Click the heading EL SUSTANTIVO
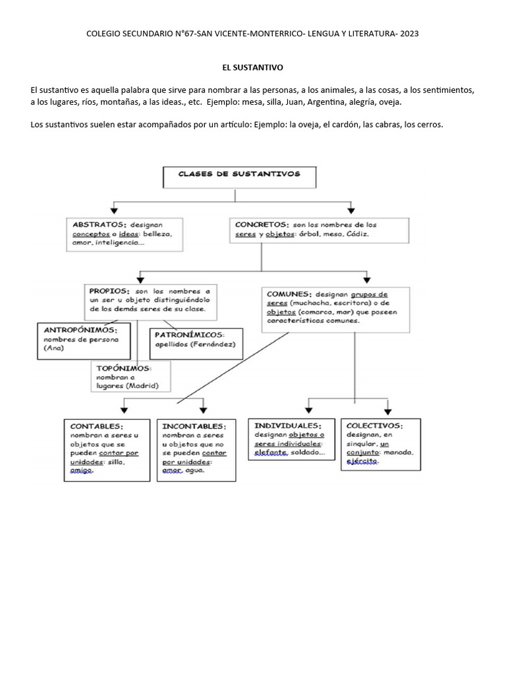coord(252,67)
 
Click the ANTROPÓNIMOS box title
coord(80,330)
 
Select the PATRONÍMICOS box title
coord(190,334)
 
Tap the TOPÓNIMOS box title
coord(124,368)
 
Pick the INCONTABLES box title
coord(194,426)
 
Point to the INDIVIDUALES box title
coord(289,425)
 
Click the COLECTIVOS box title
coord(374,425)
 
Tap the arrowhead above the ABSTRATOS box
coord(114,211)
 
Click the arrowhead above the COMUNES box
coord(367,278)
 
